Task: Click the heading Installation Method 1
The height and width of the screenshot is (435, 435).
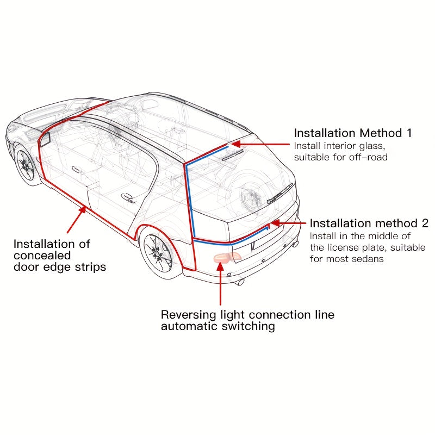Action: tap(353, 133)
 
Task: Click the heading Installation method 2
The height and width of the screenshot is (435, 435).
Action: tap(369, 223)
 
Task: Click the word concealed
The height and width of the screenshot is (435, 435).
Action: tap(42, 256)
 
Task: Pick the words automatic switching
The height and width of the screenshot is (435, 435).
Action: tap(217, 326)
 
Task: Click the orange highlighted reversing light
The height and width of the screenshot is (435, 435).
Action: tap(222, 258)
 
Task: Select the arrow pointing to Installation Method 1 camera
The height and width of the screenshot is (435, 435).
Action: tap(261, 145)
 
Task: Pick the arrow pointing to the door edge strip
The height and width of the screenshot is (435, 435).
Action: tap(76, 220)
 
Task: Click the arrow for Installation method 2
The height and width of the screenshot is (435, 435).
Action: tap(288, 223)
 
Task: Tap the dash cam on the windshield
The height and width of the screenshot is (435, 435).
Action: tap(45, 139)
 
